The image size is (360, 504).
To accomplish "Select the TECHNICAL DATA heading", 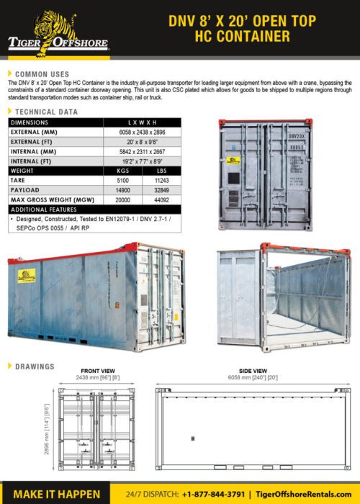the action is click(47, 112).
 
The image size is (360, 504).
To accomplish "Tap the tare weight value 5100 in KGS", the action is click(122, 181).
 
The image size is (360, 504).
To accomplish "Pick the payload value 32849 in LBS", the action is click(161, 191).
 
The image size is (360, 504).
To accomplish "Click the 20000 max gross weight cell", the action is click(122, 200).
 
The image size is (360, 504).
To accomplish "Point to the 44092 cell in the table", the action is click(161, 200).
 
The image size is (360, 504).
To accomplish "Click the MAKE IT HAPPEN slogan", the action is click(57, 494).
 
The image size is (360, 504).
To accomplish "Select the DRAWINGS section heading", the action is click(35, 366).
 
